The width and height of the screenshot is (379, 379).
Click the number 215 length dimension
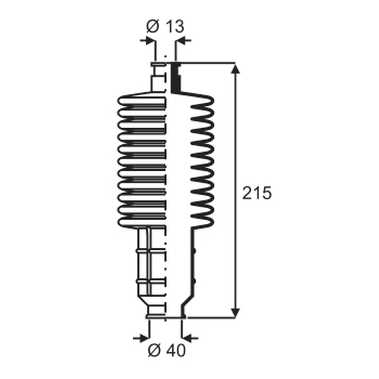[257, 193]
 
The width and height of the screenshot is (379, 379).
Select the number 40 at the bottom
[176, 350]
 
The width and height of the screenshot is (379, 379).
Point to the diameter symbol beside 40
[154, 350]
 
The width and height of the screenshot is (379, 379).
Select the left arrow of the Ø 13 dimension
[148, 41]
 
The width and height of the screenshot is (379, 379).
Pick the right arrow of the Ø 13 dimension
[183, 41]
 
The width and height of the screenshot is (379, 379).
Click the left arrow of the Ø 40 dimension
[141, 338]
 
